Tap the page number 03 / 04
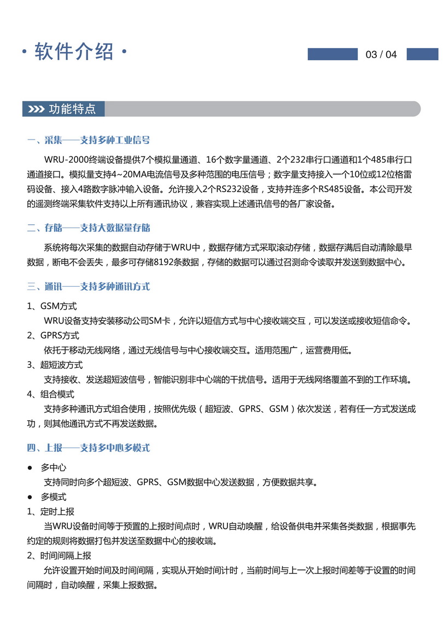[x=381, y=55]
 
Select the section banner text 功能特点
[x=72, y=109]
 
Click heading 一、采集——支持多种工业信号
[x=89, y=141]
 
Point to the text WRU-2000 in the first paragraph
[x=63, y=159]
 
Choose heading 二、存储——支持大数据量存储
[x=89, y=228]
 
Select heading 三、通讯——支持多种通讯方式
[x=89, y=286]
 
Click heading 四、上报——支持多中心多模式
[x=89, y=448]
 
